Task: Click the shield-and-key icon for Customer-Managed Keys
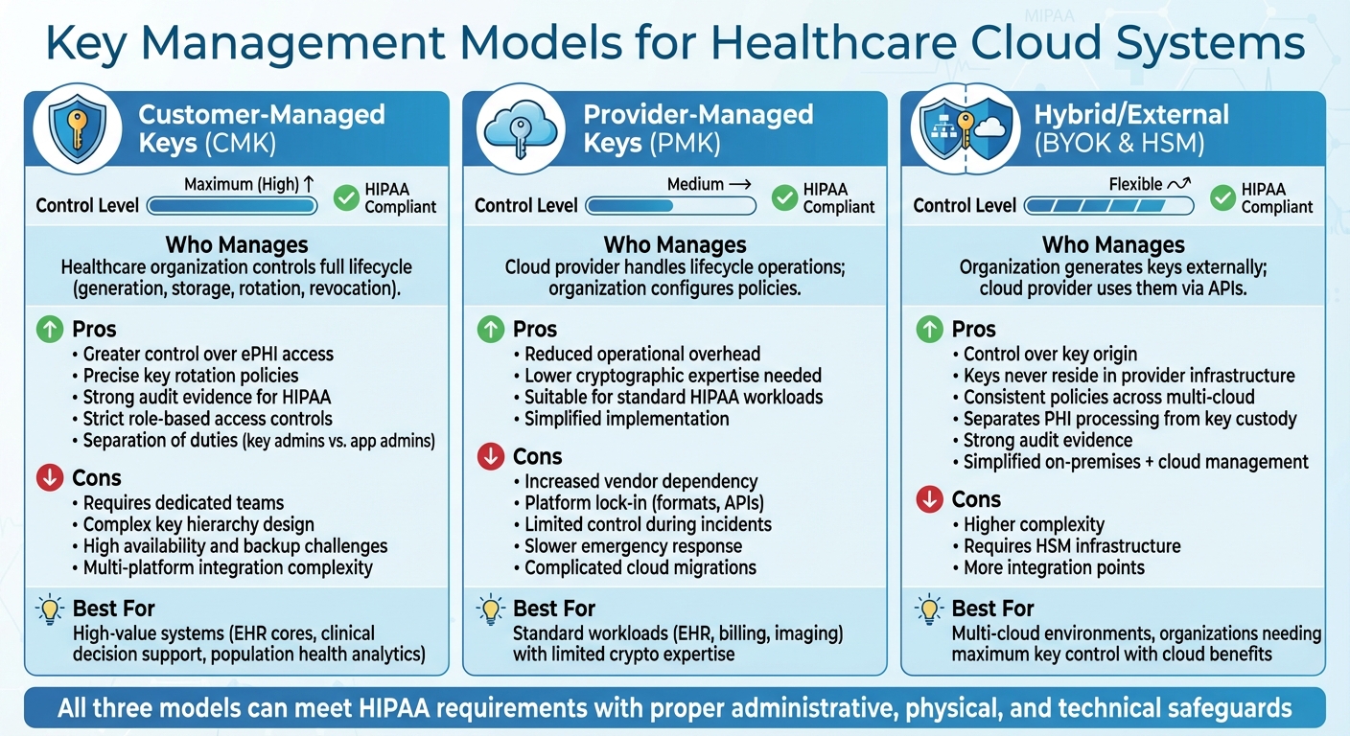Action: pos(77,131)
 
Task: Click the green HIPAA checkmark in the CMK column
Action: pos(346,197)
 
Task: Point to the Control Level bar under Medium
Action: pos(670,205)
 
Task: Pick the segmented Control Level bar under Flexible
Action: pos(1108,205)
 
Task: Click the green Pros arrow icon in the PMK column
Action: pos(491,330)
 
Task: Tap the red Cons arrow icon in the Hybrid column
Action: pos(929,499)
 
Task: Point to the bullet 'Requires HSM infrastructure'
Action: pos(1071,546)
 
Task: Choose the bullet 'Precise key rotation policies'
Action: pos(191,376)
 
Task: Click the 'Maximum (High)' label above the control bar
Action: pos(242,184)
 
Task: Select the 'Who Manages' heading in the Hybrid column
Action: pos(1113,244)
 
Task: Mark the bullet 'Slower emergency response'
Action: pos(633,546)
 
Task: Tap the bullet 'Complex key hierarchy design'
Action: pos(198,524)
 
